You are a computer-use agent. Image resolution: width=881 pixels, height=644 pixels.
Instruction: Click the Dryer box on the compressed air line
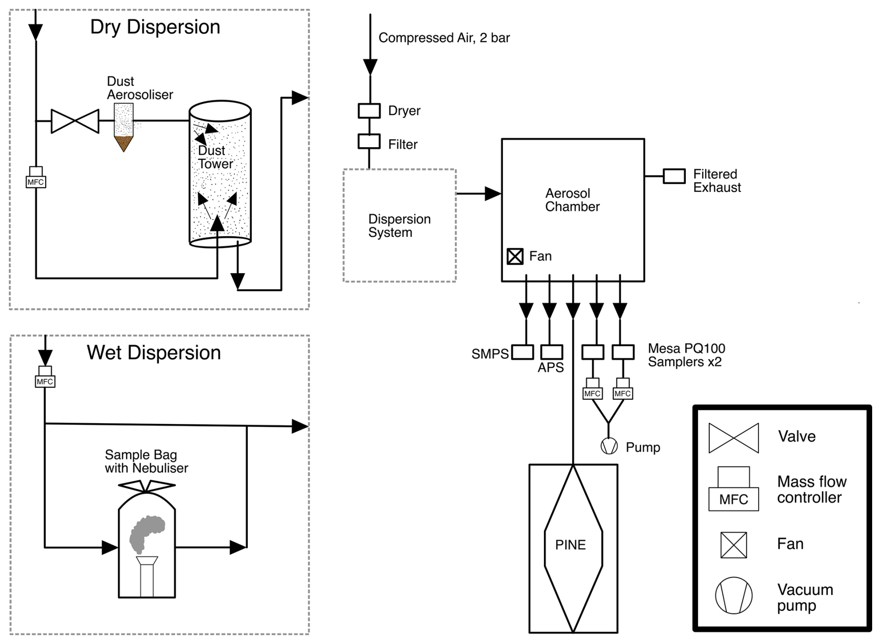(x=369, y=111)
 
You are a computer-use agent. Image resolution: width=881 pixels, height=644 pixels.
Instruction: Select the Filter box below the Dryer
(x=369, y=141)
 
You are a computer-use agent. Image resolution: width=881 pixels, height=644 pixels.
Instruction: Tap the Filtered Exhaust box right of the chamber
(x=674, y=176)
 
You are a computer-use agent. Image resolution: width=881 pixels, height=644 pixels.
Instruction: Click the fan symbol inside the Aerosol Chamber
(x=515, y=256)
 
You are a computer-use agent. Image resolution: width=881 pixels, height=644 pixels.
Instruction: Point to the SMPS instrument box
(x=522, y=352)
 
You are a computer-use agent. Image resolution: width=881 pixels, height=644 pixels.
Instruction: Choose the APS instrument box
(x=552, y=352)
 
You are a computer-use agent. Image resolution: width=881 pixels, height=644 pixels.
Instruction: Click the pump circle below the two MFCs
(x=609, y=446)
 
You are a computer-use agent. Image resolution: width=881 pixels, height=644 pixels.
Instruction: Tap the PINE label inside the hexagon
(x=570, y=545)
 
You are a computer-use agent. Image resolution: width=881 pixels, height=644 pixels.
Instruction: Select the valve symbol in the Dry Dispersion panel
(x=75, y=121)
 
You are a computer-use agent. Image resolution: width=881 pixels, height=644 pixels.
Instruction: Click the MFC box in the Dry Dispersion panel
(x=36, y=178)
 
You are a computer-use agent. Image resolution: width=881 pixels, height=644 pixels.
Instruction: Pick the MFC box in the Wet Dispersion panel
(x=45, y=377)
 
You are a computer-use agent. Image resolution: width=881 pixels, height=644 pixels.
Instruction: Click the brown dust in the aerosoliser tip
(x=124, y=143)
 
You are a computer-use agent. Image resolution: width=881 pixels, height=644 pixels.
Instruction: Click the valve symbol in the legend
(x=733, y=438)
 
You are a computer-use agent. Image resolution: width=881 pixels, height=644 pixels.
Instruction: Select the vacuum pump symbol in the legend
(x=733, y=596)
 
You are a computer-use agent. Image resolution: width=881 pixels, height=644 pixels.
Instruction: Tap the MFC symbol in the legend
(x=733, y=489)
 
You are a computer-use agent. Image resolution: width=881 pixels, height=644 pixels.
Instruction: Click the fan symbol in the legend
(x=733, y=545)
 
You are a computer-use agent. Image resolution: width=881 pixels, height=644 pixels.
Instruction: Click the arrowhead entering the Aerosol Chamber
(x=493, y=193)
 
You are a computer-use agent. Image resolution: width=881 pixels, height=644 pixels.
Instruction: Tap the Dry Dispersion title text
(x=155, y=27)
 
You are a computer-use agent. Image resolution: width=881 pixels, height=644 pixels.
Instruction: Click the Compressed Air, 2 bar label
(x=444, y=38)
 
